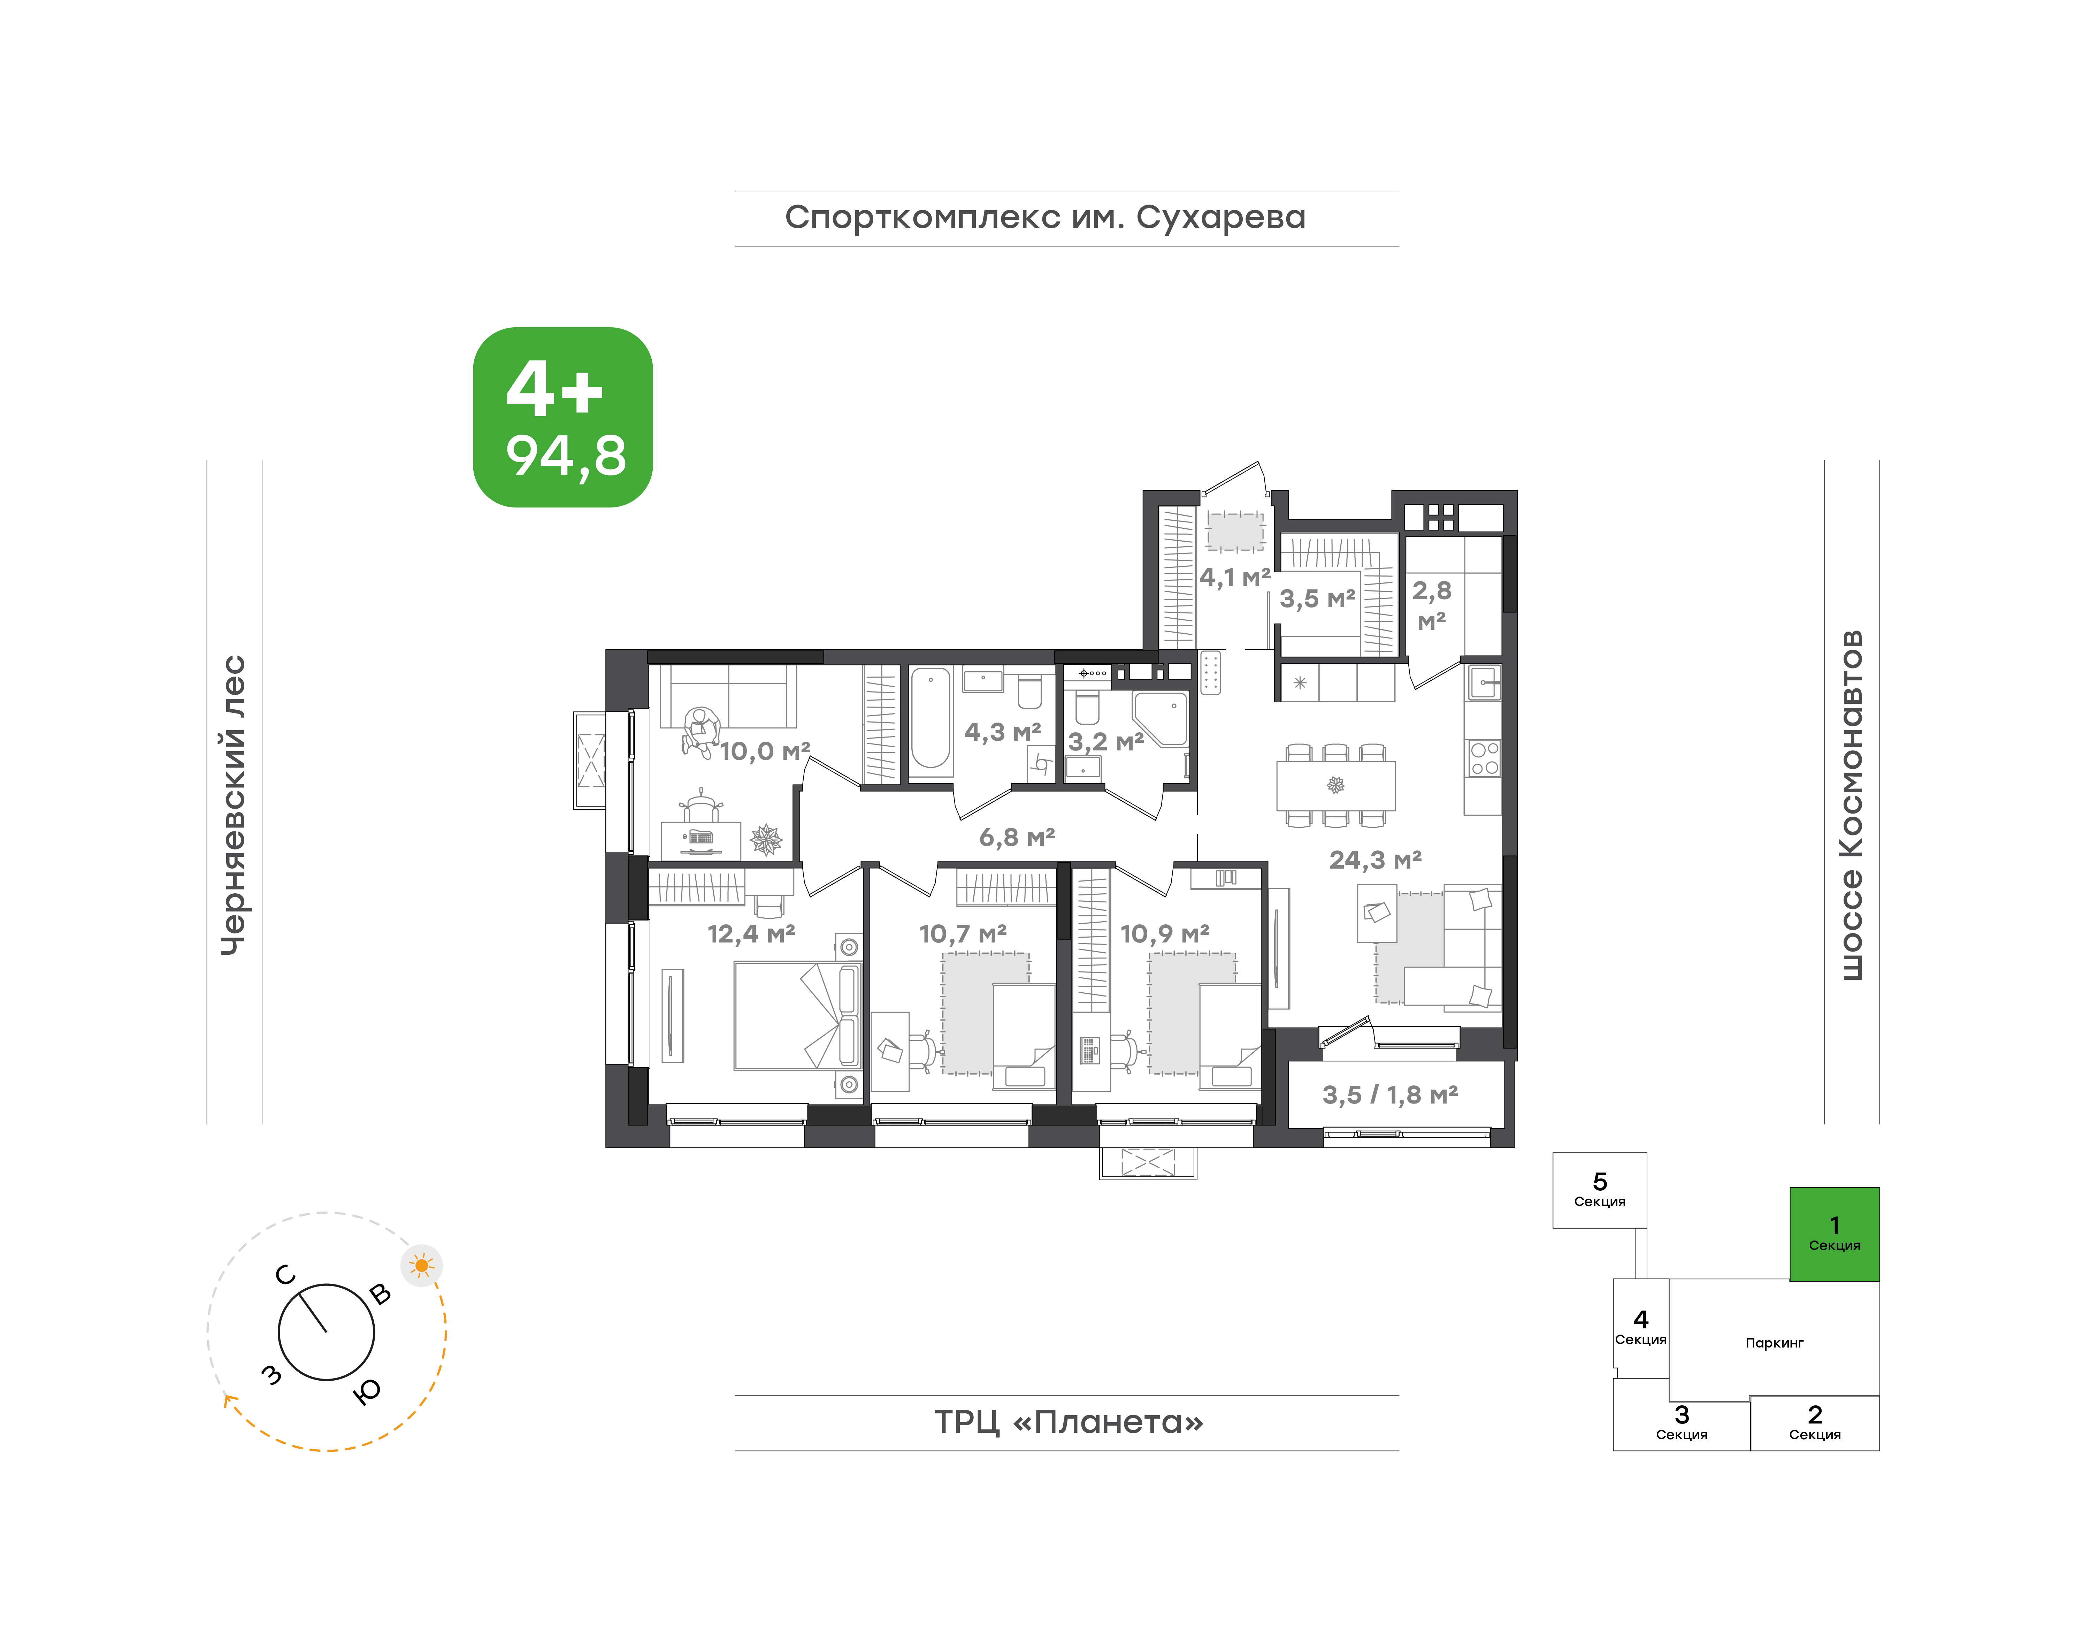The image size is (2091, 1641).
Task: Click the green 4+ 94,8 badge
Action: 563,417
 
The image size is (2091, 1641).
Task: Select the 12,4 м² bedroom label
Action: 751,934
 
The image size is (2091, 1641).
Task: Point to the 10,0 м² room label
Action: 766,751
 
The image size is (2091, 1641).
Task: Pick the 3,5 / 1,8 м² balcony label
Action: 1390,1095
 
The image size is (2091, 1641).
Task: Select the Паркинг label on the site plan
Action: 1774,1343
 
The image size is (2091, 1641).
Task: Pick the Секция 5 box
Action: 1599,1190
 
